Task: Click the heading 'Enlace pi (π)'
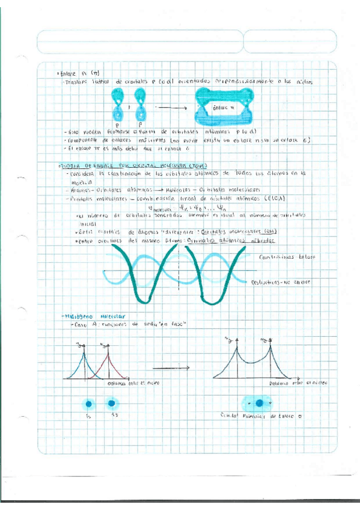pyautogui.click(x=68, y=73)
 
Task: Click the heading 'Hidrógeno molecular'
pyautogui.click(x=91, y=316)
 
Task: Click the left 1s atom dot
pyautogui.click(x=89, y=402)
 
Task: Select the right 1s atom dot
pyautogui.click(x=111, y=402)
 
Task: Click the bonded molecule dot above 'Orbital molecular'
pyautogui.click(x=260, y=403)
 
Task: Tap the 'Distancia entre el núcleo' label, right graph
pyautogui.click(x=294, y=383)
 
